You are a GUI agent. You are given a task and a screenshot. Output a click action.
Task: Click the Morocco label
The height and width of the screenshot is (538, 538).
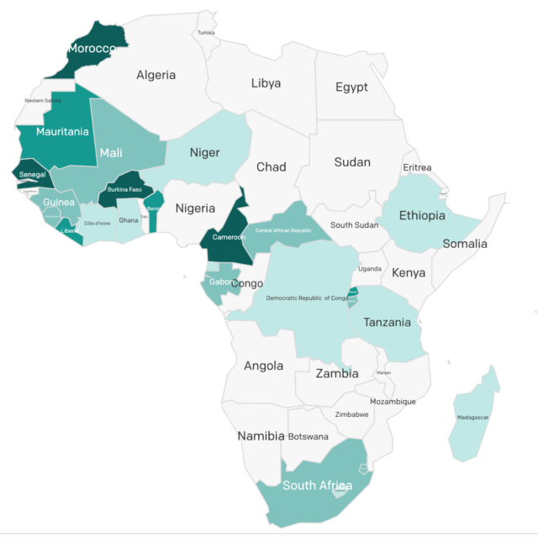pyautogui.click(x=91, y=49)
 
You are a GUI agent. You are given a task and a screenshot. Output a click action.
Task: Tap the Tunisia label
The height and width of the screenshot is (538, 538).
pyautogui.click(x=206, y=33)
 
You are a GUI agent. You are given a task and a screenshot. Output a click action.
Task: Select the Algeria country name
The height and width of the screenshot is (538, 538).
pyautogui.click(x=156, y=75)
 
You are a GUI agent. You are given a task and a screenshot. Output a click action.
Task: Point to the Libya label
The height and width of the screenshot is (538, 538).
pyautogui.click(x=266, y=83)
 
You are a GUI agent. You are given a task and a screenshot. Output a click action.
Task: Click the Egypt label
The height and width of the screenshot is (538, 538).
pyautogui.click(x=351, y=87)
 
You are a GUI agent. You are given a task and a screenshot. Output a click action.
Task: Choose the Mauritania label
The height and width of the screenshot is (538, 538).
pyautogui.click(x=62, y=132)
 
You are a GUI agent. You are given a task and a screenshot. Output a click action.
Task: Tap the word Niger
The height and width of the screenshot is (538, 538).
pyautogui.click(x=204, y=152)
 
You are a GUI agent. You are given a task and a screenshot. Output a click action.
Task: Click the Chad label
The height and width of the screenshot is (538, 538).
pyautogui.click(x=271, y=167)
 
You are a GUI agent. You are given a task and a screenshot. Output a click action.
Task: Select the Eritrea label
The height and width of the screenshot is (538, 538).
pyautogui.click(x=417, y=168)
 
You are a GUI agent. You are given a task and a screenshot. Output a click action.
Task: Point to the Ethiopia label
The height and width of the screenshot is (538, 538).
pyautogui.click(x=422, y=216)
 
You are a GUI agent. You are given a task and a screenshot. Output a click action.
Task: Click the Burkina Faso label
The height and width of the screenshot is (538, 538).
pyautogui.click(x=124, y=189)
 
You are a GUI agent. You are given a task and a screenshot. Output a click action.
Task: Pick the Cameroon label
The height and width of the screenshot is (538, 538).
pyautogui.click(x=229, y=237)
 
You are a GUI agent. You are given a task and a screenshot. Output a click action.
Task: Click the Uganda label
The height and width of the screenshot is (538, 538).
pyautogui.click(x=370, y=268)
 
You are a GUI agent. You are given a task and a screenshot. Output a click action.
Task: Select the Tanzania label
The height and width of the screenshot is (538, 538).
pyautogui.click(x=387, y=322)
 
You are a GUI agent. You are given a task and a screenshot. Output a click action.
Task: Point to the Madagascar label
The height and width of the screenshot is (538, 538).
pyautogui.click(x=473, y=418)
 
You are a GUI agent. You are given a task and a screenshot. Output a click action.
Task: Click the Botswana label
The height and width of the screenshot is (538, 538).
pyautogui.click(x=308, y=436)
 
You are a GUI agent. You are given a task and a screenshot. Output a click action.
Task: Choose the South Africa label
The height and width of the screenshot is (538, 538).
pyautogui.click(x=317, y=485)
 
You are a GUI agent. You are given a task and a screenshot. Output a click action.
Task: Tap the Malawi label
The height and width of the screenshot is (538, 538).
pyautogui.click(x=383, y=372)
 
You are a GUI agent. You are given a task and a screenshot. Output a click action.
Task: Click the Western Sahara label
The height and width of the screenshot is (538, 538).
pyautogui.click(x=43, y=100)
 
